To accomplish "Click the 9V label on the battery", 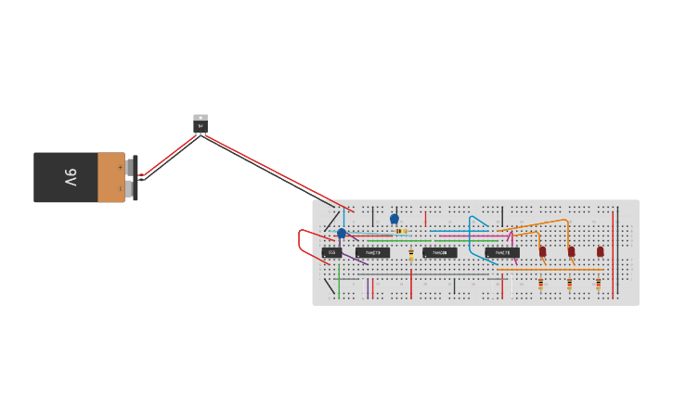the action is coord(71,177).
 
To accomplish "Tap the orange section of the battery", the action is coord(110,177).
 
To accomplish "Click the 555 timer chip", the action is coord(331,252).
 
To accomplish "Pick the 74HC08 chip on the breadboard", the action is coord(440,252).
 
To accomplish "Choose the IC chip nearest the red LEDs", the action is coord(502,252).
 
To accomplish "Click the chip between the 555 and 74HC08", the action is coord(372,252).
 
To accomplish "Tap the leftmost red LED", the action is coord(543,251).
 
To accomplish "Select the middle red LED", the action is coord(572,251).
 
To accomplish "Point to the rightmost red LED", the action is coord(601,251).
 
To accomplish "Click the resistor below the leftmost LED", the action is coord(541,283).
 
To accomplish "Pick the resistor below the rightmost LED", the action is coord(599,283).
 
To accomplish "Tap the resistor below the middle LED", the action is coord(569,283).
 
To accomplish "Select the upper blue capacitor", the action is coord(395,220).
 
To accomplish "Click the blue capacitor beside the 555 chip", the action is coord(342,234).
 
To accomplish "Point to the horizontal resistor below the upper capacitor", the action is coord(400,231).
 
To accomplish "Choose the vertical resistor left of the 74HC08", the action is coord(411,254).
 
